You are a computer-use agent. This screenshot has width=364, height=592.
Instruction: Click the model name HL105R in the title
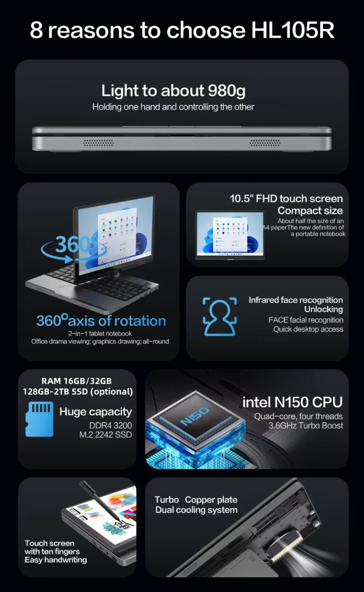pos(293,30)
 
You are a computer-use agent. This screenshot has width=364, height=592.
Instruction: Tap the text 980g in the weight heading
pos(227,91)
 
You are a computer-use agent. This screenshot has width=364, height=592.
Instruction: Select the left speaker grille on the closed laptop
pos(98,143)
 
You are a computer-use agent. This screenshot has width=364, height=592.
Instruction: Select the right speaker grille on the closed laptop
pos(265,143)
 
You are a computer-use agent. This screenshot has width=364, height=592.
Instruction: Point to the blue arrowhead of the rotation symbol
pos(69,260)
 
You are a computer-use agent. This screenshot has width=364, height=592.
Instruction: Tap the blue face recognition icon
pos(220,316)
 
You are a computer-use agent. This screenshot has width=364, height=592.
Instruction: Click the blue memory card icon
pos(40,419)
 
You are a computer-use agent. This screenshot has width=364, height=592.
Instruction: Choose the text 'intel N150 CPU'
pos(292,402)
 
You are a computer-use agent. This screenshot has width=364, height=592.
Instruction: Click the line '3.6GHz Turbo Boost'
pos(306,426)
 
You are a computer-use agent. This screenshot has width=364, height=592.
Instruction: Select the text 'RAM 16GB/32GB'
pos(76,381)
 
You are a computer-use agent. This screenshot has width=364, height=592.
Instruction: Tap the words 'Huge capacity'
pos(96,412)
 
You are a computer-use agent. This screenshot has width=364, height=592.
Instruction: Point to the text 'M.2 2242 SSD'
pos(106,435)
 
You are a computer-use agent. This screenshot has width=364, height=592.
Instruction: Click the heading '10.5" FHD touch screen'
pos(286,199)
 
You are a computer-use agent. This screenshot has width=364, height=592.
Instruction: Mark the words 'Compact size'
pos(310,211)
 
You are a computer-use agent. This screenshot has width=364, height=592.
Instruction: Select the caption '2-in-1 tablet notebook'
pos(100,334)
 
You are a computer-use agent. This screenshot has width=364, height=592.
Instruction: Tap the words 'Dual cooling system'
pos(196,510)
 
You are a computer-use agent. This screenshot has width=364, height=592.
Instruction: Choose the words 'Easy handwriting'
pos(56,560)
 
